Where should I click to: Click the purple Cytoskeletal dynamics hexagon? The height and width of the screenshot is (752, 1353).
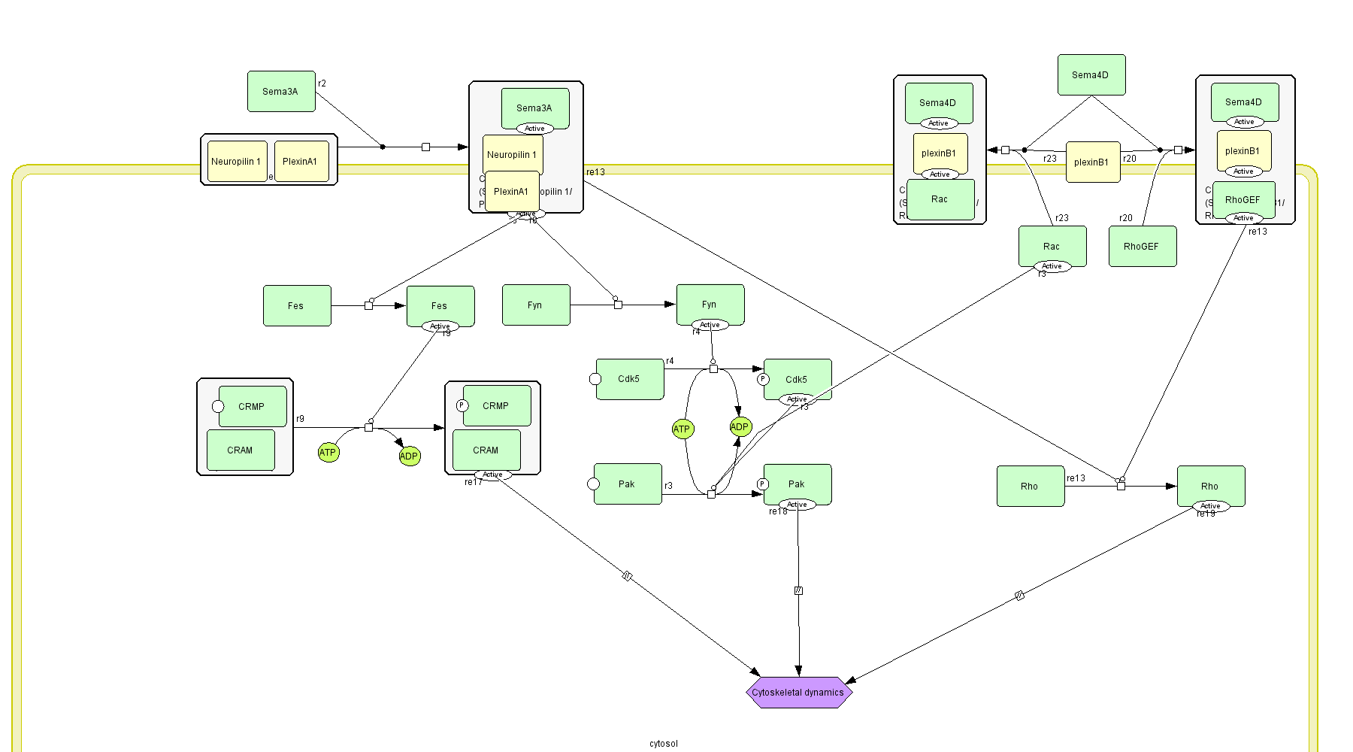[x=798, y=693]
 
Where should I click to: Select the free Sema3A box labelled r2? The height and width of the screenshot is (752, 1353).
[x=281, y=92]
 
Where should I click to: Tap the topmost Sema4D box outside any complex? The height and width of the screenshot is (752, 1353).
[x=1091, y=75]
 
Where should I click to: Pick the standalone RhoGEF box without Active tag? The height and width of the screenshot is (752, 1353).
[x=1142, y=247]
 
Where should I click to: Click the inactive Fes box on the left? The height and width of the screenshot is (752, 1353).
[x=297, y=306]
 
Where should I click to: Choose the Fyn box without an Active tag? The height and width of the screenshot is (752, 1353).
[x=535, y=305]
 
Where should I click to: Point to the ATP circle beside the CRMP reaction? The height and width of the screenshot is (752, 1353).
[x=328, y=453]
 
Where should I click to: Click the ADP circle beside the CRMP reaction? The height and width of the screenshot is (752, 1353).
[x=409, y=456]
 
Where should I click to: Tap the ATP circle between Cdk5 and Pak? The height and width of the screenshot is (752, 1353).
[x=682, y=429]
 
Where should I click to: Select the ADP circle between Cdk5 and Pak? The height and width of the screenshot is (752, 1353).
[x=740, y=427]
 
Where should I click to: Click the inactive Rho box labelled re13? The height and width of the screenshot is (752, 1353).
[x=1030, y=487]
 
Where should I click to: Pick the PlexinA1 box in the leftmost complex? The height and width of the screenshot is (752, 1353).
[x=301, y=162]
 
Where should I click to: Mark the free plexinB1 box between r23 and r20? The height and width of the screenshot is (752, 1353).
[x=1092, y=162]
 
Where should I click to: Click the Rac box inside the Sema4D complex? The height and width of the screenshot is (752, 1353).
[x=940, y=199]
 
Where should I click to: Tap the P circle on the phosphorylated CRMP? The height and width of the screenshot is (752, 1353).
[x=462, y=405]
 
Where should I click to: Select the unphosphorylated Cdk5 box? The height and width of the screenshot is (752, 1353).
[x=630, y=379]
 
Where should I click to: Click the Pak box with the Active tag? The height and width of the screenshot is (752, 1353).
[x=798, y=484]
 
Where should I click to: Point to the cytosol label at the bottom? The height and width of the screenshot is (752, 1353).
[x=663, y=744]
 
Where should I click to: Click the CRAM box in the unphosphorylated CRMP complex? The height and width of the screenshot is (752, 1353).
[x=241, y=450]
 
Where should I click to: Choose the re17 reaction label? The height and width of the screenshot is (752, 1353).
[x=473, y=482]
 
